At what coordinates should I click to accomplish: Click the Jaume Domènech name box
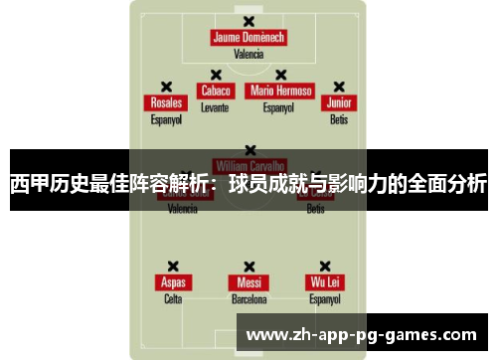pos(248,38)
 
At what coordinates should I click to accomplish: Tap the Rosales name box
pos(166,103)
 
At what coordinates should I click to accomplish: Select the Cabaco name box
pos(215,90)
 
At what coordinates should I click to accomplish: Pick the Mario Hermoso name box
pos(281,90)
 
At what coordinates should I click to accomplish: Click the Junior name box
pos(339,103)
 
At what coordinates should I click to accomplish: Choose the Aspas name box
pos(173,282)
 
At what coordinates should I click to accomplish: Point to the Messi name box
pos(248,282)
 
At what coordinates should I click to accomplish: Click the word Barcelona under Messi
pos(248,298)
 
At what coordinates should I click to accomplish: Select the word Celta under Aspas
pos(173,298)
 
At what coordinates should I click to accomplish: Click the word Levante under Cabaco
pos(215,106)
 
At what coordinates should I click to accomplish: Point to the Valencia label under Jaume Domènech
pos(248,54)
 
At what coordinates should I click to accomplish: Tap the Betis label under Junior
pos(339,119)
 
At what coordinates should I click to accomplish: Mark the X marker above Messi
pos(248,267)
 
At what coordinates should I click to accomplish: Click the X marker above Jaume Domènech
pos(248,20)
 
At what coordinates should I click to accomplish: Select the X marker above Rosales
pos(166,87)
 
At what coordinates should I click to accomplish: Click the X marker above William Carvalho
pos(248,150)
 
